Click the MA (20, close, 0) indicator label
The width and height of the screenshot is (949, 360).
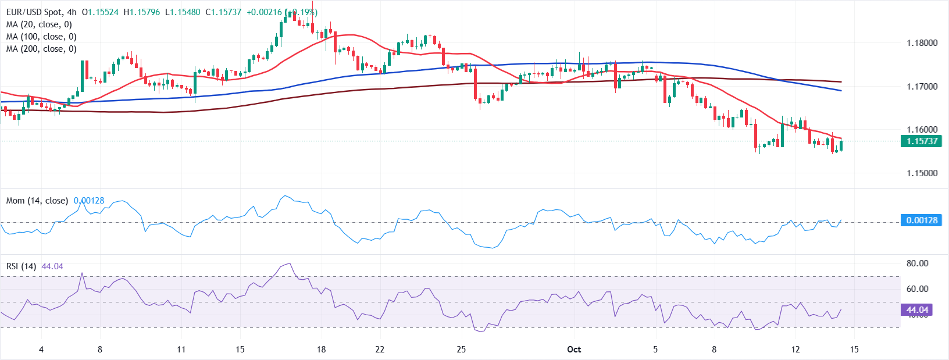(39, 24)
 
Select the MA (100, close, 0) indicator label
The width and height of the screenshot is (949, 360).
(41, 37)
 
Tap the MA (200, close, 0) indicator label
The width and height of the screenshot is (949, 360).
(41, 49)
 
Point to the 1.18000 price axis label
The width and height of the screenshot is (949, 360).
(922, 42)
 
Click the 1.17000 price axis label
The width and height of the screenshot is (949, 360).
(922, 86)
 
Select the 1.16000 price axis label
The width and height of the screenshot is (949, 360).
(922, 130)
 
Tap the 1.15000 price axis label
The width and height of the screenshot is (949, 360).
(922, 173)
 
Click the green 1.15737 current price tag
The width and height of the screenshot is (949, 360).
(921, 141)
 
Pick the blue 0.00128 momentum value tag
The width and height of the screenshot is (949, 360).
(921, 220)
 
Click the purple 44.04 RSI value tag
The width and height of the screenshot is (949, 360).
(917, 309)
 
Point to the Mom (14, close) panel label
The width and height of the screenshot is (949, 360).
(37, 201)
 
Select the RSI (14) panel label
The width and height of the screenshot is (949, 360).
(22, 266)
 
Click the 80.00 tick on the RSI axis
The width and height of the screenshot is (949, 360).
(917, 263)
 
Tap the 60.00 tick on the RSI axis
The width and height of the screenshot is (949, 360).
(917, 288)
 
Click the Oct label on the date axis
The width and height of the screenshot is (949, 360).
(574, 350)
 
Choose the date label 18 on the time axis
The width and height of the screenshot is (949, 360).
(321, 350)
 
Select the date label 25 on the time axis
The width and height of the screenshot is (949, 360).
(461, 350)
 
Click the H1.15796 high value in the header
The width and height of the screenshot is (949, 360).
(142, 12)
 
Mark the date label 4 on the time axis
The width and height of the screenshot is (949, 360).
(41, 350)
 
